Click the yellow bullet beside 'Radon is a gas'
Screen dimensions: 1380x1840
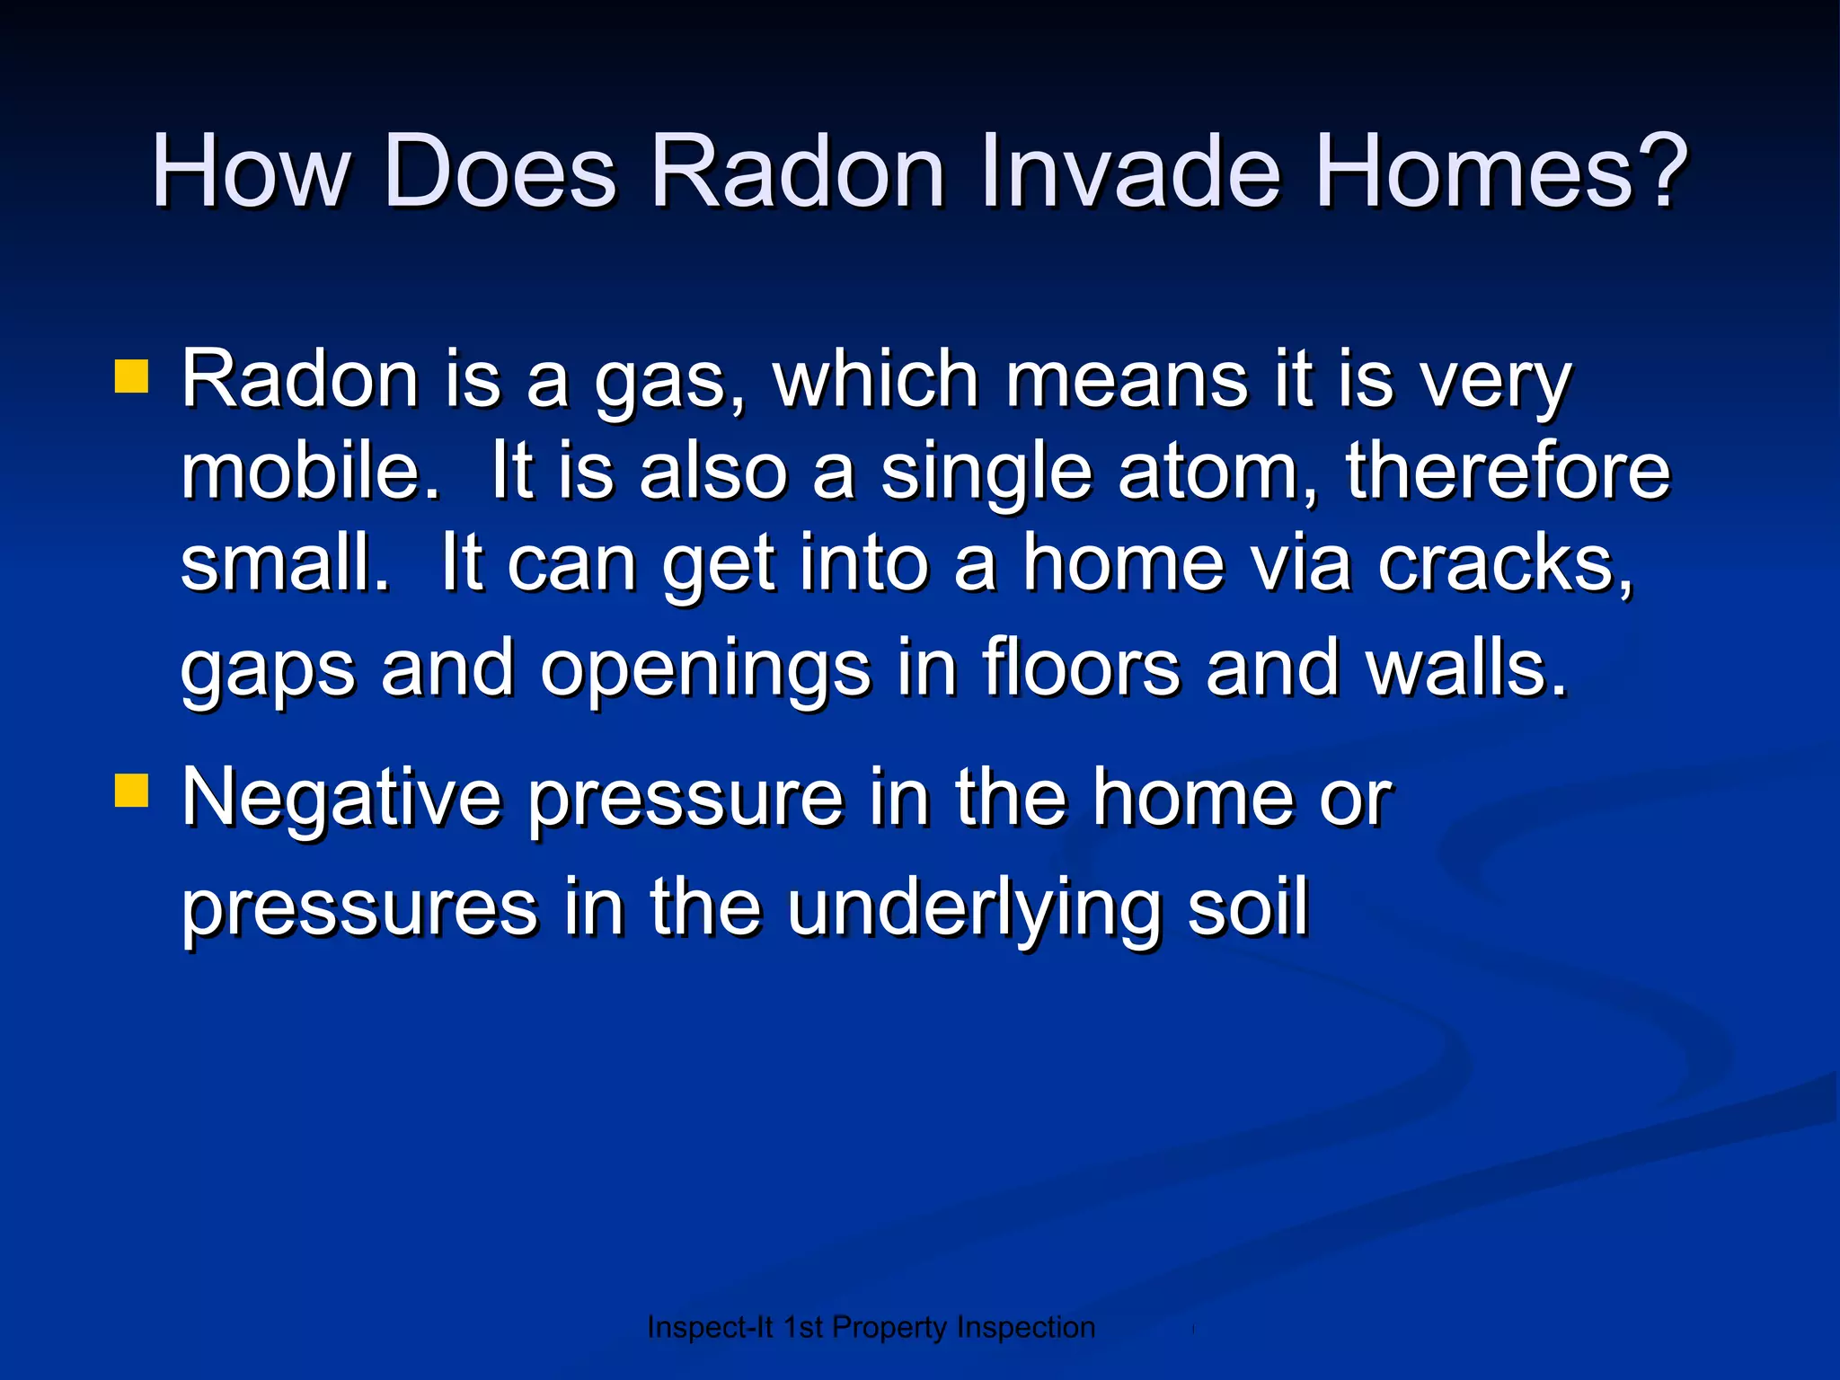132,377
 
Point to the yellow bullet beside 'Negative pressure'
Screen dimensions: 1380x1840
132,792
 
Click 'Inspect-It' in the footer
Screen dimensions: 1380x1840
710,1327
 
